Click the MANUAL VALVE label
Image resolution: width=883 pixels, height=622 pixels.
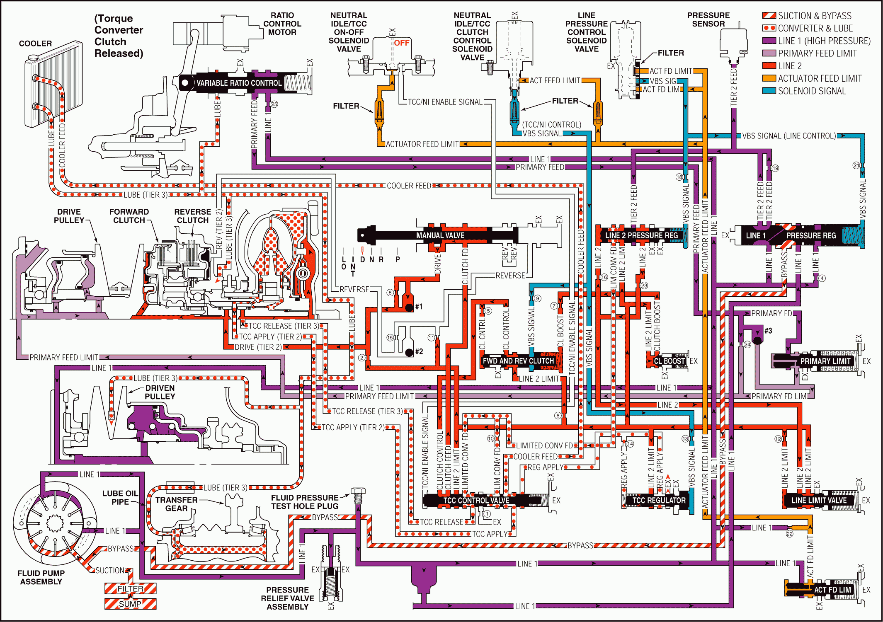tap(440, 235)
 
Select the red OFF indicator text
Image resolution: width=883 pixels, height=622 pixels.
tap(402, 43)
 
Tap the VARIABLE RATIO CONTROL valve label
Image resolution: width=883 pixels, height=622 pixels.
tap(239, 83)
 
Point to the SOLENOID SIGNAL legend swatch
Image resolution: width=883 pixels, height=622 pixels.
tap(769, 91)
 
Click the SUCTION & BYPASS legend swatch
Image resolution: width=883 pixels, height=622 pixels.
tap(769, 16)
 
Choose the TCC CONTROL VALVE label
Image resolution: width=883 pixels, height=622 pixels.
tap(476, 501)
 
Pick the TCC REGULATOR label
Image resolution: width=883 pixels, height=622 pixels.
tap(659, 501)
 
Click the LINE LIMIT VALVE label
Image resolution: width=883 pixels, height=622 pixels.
tap(819, 501)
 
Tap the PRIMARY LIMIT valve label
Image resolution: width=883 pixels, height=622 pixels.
tap(825, 361)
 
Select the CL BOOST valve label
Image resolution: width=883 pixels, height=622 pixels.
tap(670, 361)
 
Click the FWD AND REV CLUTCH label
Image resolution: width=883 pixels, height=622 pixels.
tap(518, 361)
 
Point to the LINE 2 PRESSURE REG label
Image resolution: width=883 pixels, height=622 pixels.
tap(641, 235)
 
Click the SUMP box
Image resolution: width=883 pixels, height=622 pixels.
tap(130, 604)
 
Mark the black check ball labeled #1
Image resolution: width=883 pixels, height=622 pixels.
tap(409, 307)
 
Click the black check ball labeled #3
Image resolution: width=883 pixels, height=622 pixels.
tap(757, 341)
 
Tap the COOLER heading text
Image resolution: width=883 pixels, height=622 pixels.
tap(35, 44)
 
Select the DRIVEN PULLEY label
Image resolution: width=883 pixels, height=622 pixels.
tap(160, 392)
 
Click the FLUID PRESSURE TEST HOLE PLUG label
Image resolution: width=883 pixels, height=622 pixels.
tap(305, 502)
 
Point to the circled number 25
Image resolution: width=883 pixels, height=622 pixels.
tap(274, 104)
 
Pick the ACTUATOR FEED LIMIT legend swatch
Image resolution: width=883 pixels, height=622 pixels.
tap(769, 78)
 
